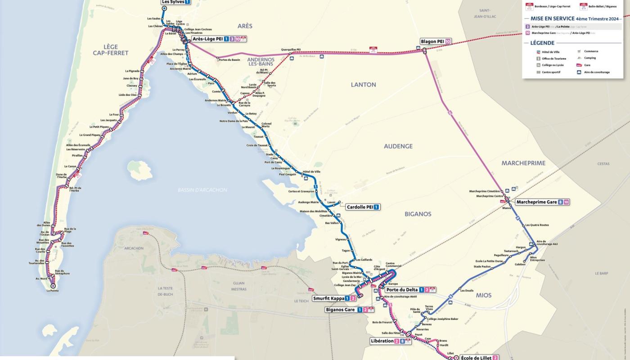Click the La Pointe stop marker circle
click(x=53, y=285)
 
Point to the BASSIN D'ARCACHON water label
click(x=202, y=190)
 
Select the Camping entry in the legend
click(x=589, y=58)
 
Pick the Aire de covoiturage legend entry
click(x=597, y=72)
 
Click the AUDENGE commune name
click(x=398, y=146)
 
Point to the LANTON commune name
click(x=363, y=85)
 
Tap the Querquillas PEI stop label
click(x=291, y=49)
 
